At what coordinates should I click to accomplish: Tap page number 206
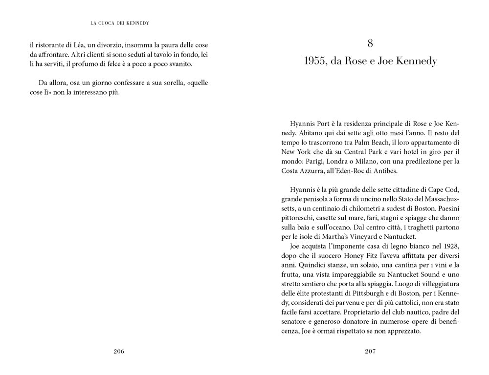click(x=119, y=351)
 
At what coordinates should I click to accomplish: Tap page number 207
click(x=370, y=351)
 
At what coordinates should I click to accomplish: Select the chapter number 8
click(x=370, y=44)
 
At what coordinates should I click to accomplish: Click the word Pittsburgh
click(x=365, y=294)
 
